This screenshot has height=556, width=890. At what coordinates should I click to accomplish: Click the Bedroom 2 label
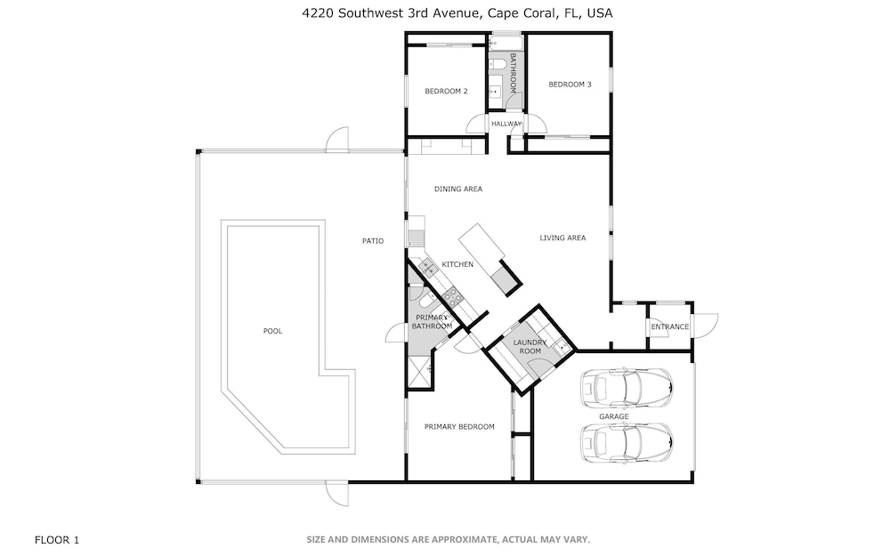[446, 92]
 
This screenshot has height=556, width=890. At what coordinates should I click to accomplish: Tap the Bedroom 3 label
[570, 85]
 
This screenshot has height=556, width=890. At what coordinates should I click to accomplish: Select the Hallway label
[506, 124]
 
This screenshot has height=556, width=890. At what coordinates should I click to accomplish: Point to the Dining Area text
[458, 189]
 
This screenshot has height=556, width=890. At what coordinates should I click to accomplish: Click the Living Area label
[562, 238]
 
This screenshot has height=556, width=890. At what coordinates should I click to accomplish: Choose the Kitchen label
[457, 264]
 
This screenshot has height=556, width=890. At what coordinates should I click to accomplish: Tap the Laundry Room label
[530, 347]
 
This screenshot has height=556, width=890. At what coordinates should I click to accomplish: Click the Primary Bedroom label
[459, 427]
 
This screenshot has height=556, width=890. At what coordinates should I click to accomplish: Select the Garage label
[613, 416]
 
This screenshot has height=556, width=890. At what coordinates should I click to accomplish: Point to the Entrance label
[670, 326]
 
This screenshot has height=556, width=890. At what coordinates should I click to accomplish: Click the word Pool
[272, 331]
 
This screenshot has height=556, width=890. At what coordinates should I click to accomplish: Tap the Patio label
[373, 241]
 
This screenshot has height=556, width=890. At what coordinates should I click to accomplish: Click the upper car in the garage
[626, 389]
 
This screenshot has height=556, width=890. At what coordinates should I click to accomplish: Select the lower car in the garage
[626, 442]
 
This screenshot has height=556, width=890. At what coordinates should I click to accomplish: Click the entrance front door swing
[706, 325]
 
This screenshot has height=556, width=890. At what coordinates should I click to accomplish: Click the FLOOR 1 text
[57, 540]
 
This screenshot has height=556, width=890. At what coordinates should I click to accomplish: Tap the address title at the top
[457, 13]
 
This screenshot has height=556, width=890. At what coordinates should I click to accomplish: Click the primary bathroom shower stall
[420, 372]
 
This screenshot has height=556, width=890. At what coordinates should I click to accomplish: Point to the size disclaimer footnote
[449, 540]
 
